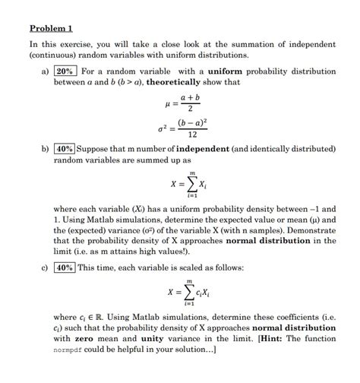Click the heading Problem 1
(x=51, y=28)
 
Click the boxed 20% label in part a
(x=65, y=71)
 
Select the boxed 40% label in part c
(x=65, y=267)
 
